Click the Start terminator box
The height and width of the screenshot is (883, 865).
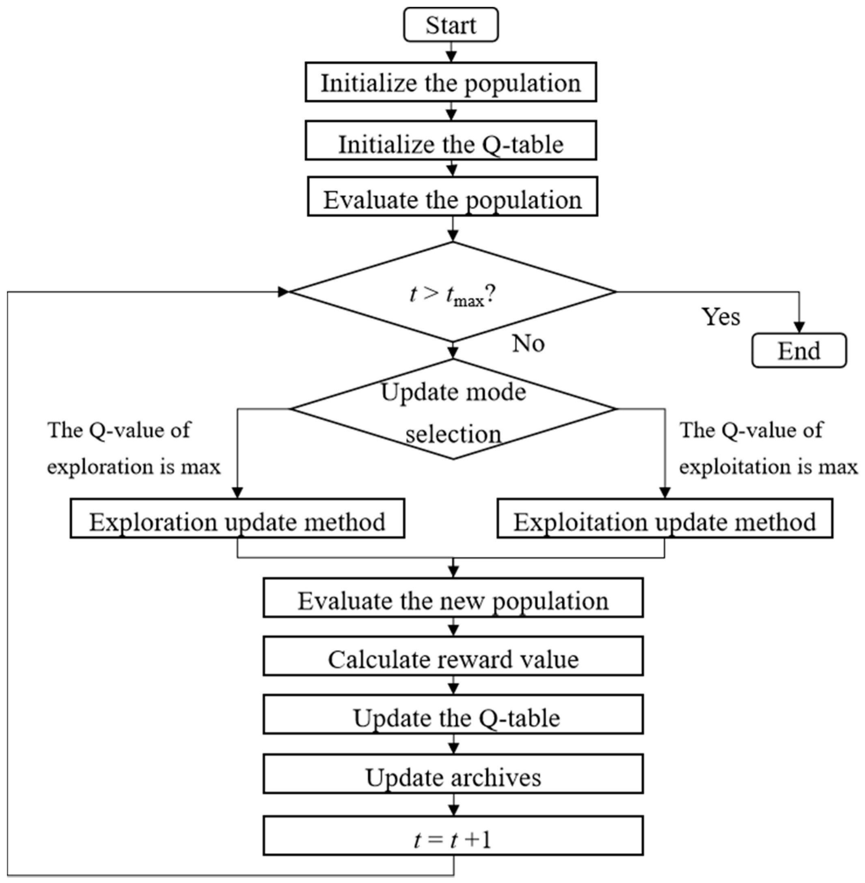(451, 25)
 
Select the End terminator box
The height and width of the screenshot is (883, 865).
(799, 350)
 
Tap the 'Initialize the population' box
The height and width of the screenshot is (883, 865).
(451, 82)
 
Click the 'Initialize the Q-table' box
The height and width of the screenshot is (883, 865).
(451, 141)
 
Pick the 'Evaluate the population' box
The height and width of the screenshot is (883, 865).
(453, 197)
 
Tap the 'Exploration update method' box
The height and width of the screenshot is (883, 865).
(237, 518)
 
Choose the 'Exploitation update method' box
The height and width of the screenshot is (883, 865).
(664, 518)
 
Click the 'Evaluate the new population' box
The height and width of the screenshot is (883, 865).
(453, 597)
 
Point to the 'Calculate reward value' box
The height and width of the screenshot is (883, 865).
(453, 656)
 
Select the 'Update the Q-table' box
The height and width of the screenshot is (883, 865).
(453, 715)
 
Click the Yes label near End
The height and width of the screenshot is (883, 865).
(720, 316)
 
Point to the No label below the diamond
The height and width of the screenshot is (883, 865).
(528, 343)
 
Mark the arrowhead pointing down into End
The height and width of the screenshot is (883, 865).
(799, 327)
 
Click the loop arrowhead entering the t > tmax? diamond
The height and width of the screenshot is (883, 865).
(283, 292)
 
